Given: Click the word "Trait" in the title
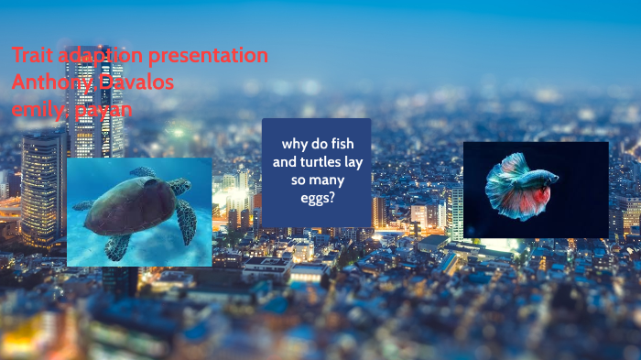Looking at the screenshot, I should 32,55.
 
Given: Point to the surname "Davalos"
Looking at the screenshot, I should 137,82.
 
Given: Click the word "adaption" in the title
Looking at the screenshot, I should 100,55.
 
